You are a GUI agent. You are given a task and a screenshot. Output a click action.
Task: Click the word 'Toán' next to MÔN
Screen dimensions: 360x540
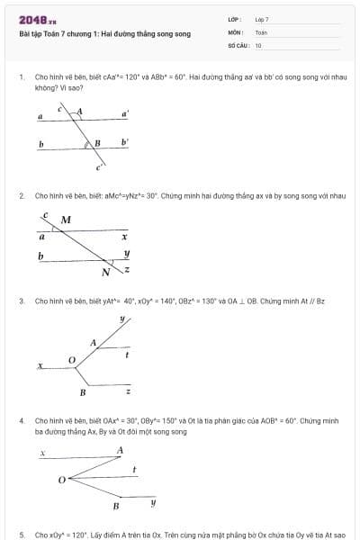coord(261,32)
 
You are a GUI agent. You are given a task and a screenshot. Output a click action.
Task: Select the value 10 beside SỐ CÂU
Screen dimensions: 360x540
coord(258,45)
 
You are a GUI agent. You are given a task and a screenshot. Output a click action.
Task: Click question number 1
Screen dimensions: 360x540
coord(21,77)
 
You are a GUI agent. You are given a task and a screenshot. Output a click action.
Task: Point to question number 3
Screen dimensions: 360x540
coord(21,301)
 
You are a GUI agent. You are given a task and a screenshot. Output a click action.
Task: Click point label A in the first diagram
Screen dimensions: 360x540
coord(79,112)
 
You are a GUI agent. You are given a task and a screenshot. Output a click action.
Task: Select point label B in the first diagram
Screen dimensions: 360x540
coord(97,142)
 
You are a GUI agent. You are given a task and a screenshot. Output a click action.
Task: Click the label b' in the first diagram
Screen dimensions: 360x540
coord(125,141)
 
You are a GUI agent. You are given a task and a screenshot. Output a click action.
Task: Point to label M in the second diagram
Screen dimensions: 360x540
coord(66,220)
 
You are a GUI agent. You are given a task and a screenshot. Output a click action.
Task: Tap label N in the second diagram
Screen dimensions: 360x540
coord(105,272)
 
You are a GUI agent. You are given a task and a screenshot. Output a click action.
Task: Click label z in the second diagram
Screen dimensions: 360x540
coord(127,269)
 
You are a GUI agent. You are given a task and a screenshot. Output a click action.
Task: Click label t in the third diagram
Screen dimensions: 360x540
coord(127,355)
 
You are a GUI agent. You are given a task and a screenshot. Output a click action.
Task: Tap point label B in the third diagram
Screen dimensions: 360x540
coord(83,392)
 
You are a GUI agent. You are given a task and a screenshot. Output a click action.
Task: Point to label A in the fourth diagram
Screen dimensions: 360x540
coord(120,449)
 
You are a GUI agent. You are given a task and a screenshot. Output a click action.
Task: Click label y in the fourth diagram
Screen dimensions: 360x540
coord(152,501)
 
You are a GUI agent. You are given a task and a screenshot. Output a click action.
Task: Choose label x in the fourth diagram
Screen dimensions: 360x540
coord(42,454)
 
